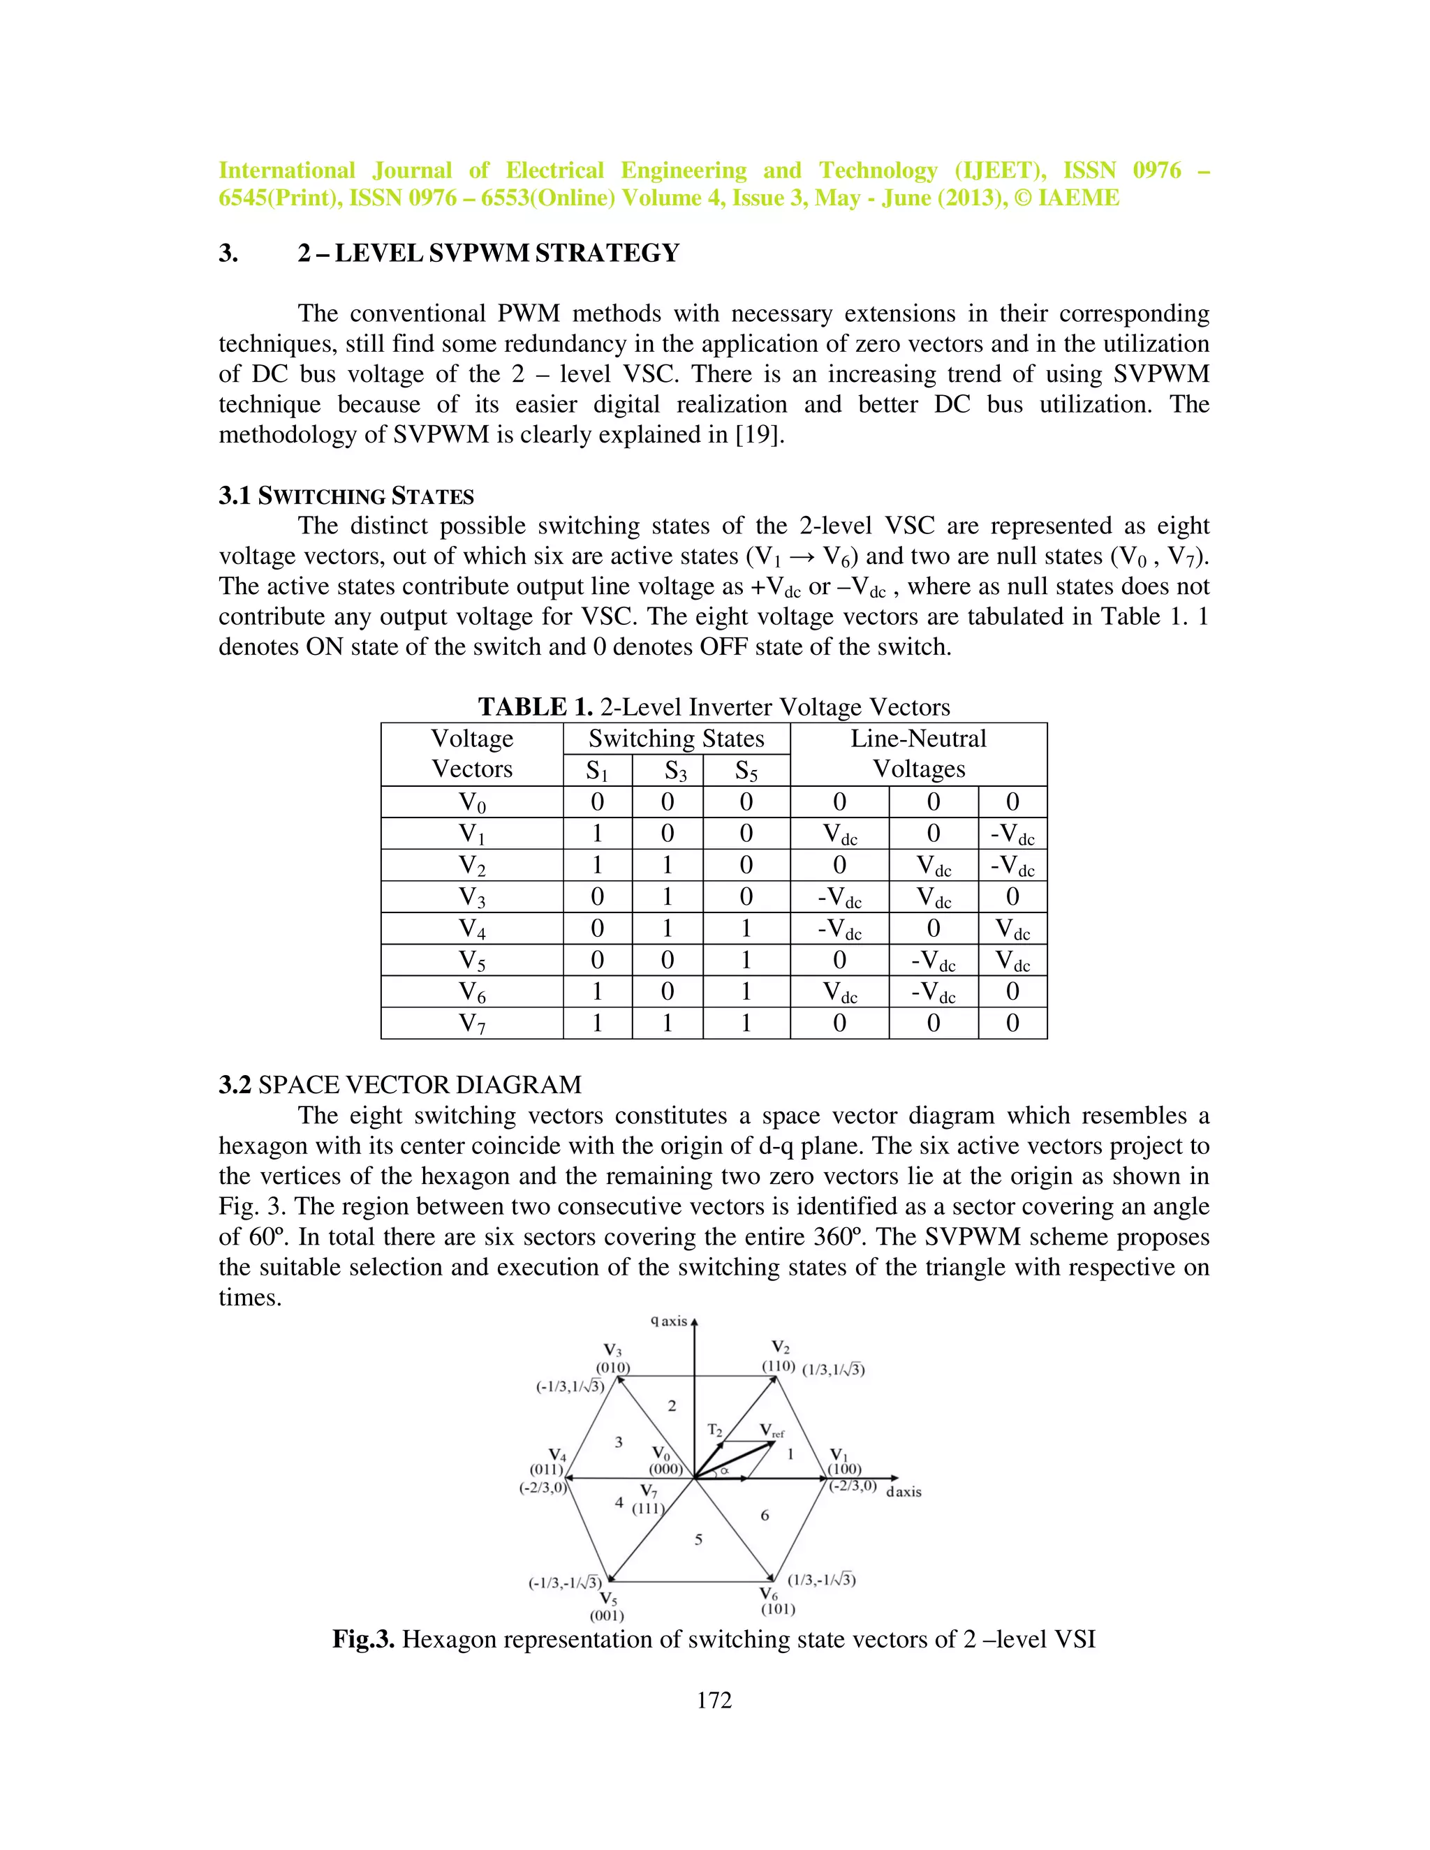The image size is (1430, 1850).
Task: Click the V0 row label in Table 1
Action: [472, 802]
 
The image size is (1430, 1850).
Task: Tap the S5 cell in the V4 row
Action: [746, 928]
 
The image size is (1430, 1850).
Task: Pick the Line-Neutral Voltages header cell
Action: [918, 753]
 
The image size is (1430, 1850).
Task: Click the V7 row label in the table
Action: [472, 1023]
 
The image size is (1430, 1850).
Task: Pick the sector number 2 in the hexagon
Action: [672, 1406]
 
